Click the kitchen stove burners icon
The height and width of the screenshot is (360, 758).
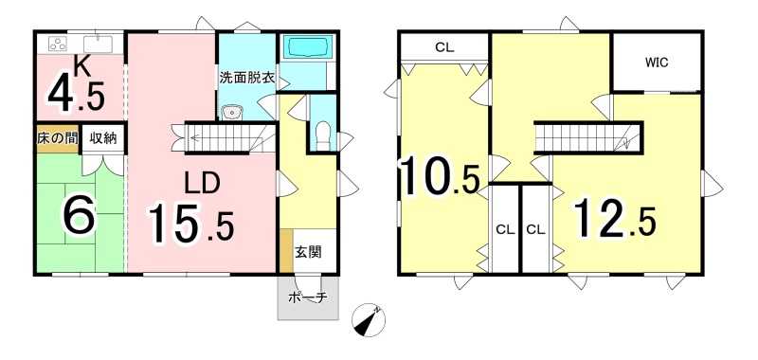[x=59, y=44]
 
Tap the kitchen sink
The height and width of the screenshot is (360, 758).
[x=98, y=44]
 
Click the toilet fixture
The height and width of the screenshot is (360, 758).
[x=322, y=134]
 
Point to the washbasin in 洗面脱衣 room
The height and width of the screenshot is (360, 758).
[x=232, y=113]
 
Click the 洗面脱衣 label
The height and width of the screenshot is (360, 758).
[x=247, y=79]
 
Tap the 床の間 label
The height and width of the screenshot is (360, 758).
[x=58, y=137]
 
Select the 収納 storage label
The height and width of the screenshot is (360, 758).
[x=102, y=137]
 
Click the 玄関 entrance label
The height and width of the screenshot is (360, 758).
[x=308, y=252]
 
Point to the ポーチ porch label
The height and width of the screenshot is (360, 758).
[x=307, y=297]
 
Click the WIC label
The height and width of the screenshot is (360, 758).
[x=657, y=63]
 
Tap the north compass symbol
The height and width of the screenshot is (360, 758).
[x=369, y=320]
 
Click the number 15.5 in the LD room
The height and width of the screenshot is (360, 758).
[x=191, y=224]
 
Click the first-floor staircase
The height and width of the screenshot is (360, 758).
[x=226, y=137]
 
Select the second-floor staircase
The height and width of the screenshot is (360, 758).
[x=588, y=137]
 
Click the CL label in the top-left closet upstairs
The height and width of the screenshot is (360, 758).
[x=444, y=47]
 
